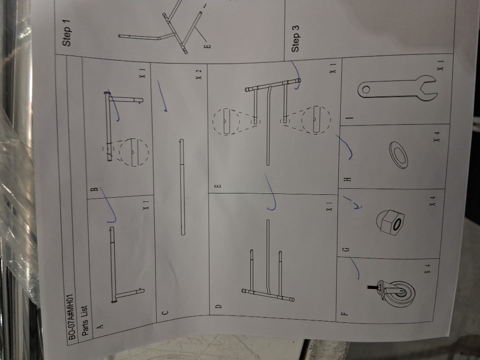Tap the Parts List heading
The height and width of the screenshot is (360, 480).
coord(85,320)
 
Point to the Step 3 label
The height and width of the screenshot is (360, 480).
coord(295,38)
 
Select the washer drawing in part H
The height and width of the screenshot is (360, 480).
coord(398,154)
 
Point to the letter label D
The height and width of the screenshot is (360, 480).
coord(218,306)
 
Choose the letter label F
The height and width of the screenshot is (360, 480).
coord(344,313)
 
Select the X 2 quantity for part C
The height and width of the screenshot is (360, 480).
coord(199,74)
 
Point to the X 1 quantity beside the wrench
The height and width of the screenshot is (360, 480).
coord(440,64)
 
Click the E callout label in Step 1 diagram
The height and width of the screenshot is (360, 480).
coord(208,46)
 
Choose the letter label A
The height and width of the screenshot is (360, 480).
coord(100,326)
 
